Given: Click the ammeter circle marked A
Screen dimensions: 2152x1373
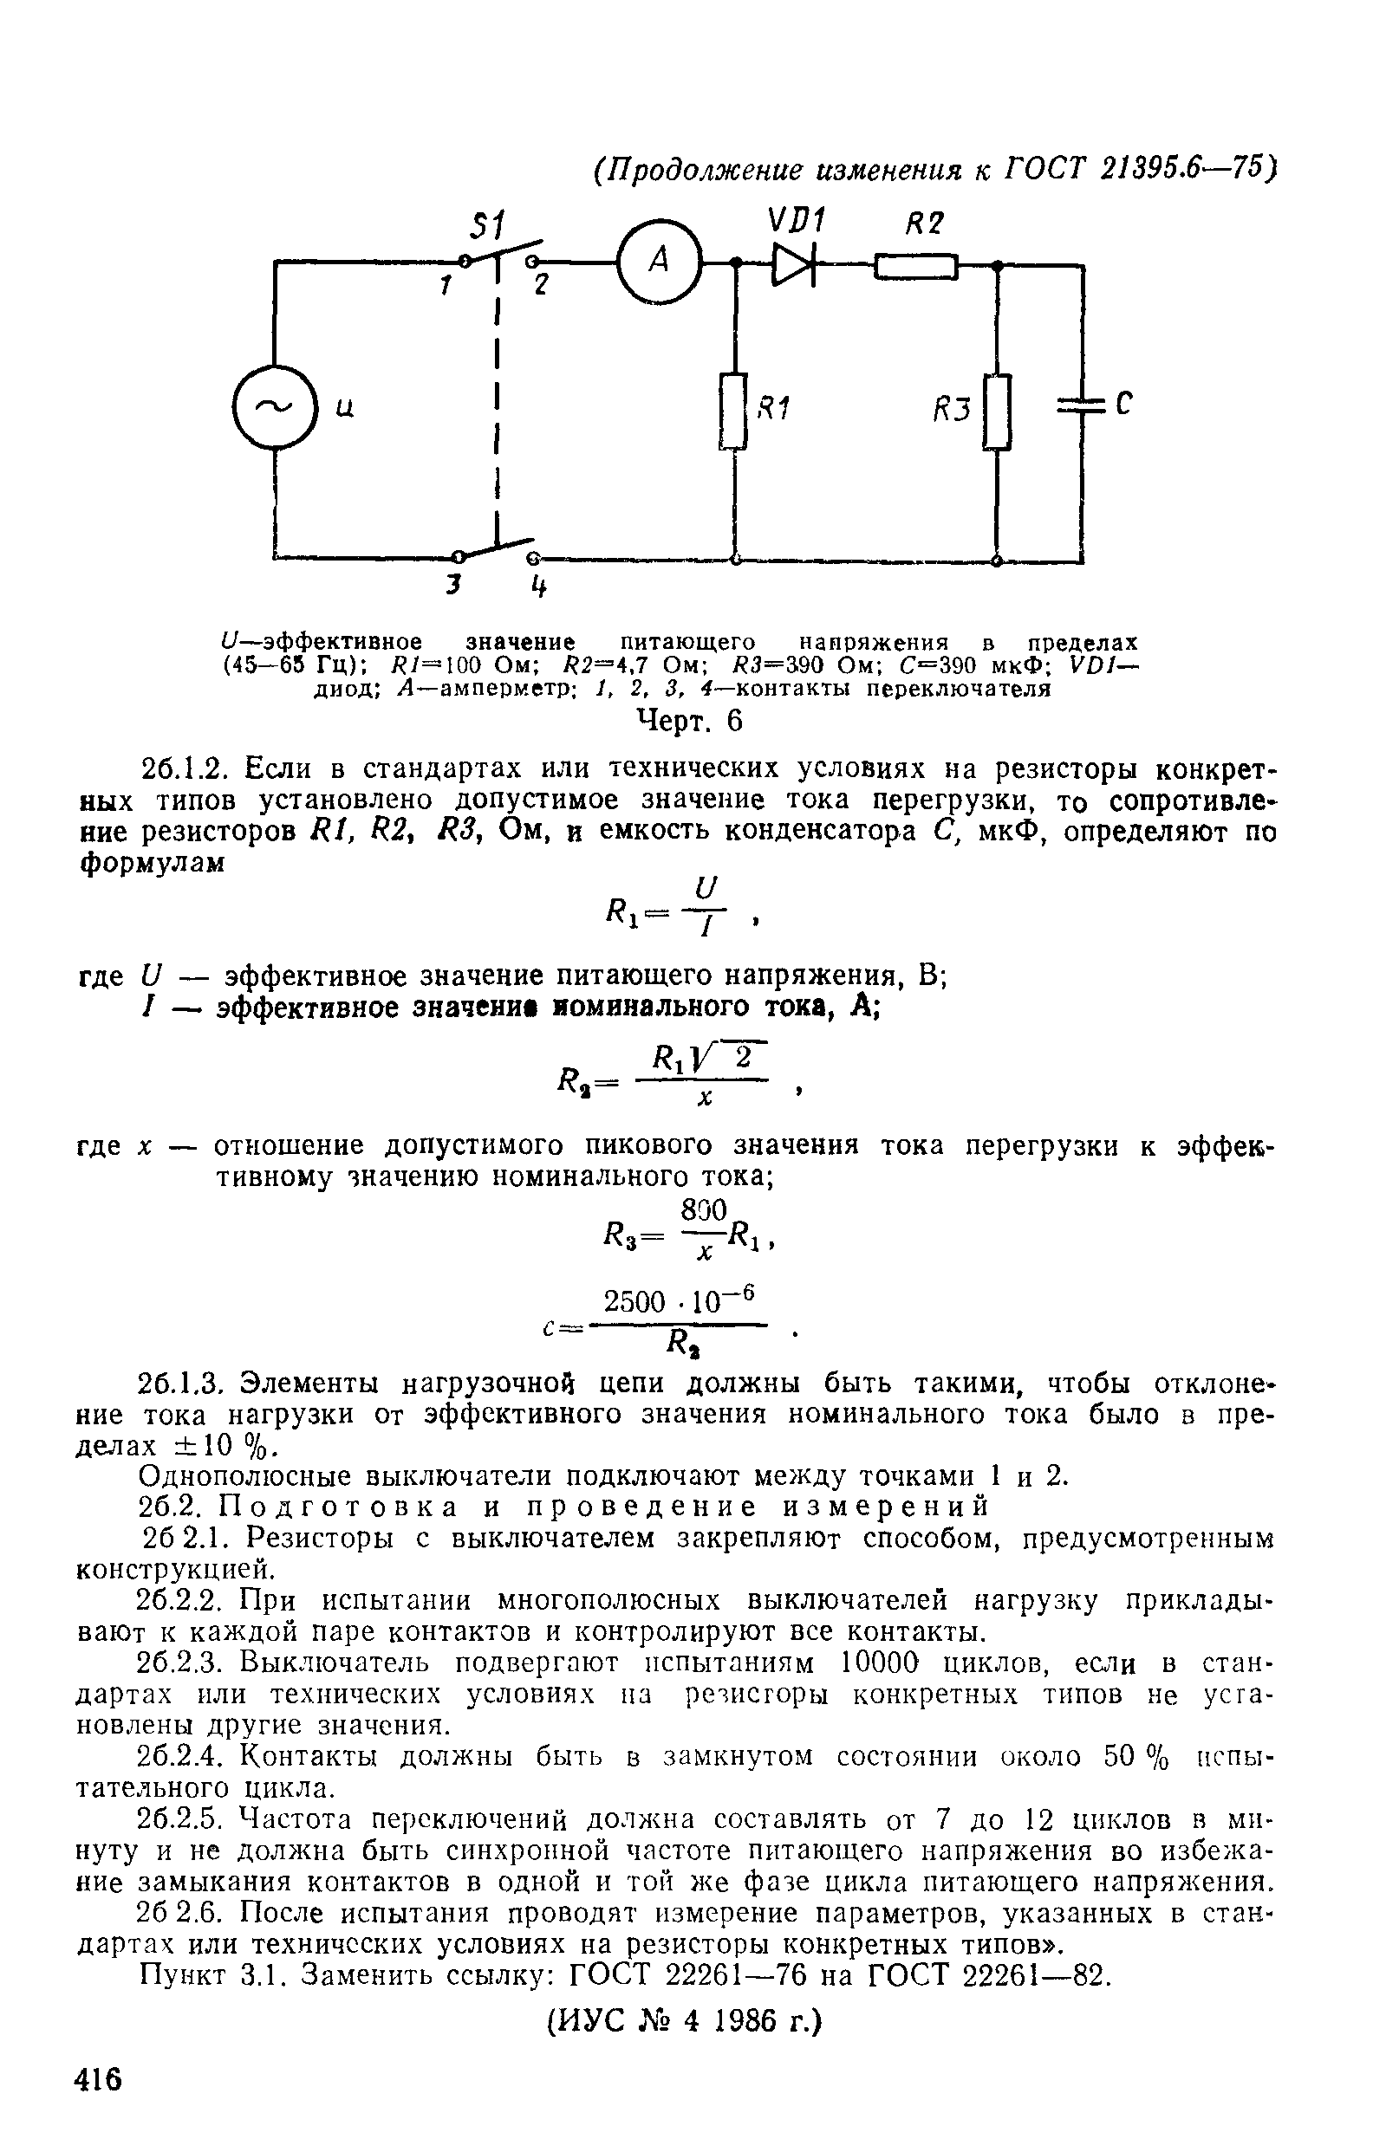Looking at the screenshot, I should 660,262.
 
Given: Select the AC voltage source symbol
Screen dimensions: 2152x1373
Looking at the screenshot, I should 275,406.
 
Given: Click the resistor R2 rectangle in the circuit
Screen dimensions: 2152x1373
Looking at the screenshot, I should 916,265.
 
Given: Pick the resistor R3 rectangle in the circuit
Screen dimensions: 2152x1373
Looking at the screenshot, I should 998,412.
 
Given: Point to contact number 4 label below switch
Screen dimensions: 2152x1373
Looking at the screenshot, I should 537,588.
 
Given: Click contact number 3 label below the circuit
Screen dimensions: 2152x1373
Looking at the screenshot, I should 455,586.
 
